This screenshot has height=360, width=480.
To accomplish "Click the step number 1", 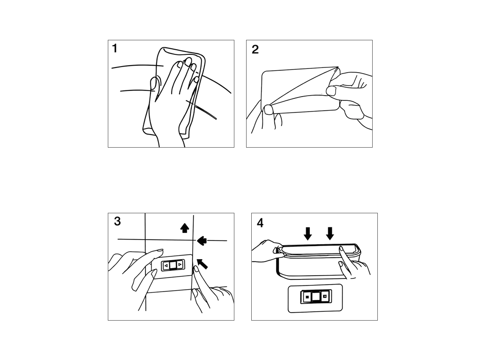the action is (x=115, y=48).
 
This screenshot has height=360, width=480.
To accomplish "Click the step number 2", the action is (x=255, y=50).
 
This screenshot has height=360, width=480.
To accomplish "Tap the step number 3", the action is (x=117, y=221).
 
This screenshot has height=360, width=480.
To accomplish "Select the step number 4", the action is (x=260, y=223).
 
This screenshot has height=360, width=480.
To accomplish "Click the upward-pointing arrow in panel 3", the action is (x=184, y=228).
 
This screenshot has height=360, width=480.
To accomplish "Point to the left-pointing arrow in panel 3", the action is (x=202, y=240).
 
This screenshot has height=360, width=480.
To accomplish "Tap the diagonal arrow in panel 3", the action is (x=202, y=263).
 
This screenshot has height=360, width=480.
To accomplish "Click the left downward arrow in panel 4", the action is (x=308, y=233).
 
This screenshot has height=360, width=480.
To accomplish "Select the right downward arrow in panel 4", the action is (x=330, y=233).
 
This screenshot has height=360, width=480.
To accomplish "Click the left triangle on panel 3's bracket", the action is (x=166, y=265).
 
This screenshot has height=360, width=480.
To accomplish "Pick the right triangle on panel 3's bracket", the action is (x=180, y=264).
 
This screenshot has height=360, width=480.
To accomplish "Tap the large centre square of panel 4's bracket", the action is (x=315, y=297).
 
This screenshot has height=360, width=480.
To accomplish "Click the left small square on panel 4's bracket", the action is (x=307, y=297).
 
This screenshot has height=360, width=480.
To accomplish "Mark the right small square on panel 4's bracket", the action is (x=324, y=296).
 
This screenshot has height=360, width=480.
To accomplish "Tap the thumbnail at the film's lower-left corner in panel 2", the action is (x=269, y=109).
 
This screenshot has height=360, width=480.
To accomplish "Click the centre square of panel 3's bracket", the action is (x=173, y=265).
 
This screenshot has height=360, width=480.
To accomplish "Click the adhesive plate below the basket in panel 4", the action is (x=315, y=299).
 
